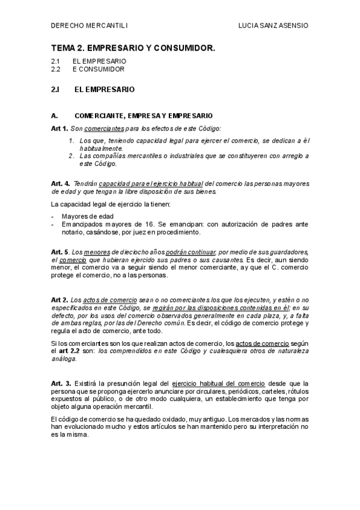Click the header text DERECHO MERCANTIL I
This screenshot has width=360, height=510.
point(90,26)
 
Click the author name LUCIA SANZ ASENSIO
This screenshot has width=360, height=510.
point(273,26)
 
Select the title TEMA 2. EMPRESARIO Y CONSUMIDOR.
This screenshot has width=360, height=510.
point(133,47)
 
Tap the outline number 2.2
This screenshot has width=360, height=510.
point(56,69)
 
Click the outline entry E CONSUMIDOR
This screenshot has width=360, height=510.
point(99,69)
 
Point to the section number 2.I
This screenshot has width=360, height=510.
point(56,90)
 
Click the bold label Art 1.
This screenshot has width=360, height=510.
point(59,129)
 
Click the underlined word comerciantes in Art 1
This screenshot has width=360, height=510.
point(104,129)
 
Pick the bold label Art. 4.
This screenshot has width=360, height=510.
point(61,183)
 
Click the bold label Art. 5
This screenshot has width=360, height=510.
point(61,251)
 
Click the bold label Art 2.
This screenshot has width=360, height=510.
point(59,300)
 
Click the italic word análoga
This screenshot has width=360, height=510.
point(64,359)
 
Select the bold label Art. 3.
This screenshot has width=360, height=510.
point(61,383)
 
